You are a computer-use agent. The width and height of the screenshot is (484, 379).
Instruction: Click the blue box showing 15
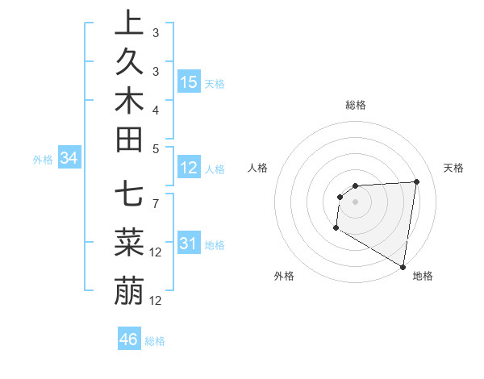coord(189,82)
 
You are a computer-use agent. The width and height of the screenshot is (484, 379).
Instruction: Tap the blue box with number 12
coord(189,168)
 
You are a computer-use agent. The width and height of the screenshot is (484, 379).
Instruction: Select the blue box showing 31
coord(189,244)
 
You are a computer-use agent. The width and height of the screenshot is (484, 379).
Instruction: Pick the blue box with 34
coord(69,159)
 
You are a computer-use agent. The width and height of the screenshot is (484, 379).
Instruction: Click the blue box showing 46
coord(129,339)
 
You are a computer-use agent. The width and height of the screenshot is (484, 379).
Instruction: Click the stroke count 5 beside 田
coord(155,148)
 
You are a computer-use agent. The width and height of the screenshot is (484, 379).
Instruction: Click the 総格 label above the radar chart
coord(356,105)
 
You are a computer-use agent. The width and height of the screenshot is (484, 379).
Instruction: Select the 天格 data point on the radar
coord(416,181)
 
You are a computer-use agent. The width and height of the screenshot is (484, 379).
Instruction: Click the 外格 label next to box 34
coord(43,160)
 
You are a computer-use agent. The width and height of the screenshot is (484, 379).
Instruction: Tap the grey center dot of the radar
coord(355,202)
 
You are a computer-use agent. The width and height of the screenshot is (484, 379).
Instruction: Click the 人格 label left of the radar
coord(258,168)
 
